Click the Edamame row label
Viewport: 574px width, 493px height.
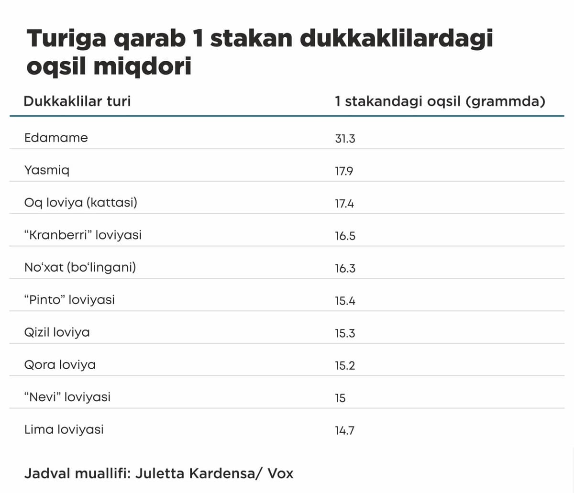pyautogui.click(x=56, y=138)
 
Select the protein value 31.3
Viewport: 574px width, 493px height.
pyautogui.click(x=345, y=139)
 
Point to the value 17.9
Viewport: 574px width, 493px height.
pyautogui.click(x=344, y=171)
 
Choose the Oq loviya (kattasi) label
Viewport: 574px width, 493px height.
pyautogui.click(x=81, y=203)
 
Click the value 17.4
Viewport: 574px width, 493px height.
pyautogui.click(x=344, y=204)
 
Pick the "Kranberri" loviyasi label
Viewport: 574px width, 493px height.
pyautogui.click(x=83, y=235)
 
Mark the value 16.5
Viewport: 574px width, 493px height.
pyautogui.click(x=345, y=236)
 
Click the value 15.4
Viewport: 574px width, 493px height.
pyautogui.click(x=345, y=301)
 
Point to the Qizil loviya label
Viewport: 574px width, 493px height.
pyautogui.click(x=57, y=332)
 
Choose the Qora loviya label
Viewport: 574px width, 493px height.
pyautogui.click(x=60, y=365)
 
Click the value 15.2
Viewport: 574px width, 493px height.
pyautogui.click(x=345, y=366)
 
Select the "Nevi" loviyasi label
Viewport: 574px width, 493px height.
pyautogui.click(x=67, y=397)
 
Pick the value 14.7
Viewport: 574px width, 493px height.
pyautogui.click(x=344, y=430)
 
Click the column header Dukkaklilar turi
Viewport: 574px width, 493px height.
pyautogui.click(x=77, y=101)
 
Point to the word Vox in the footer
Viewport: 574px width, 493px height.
pyautogui.click(x=280, y=473)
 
